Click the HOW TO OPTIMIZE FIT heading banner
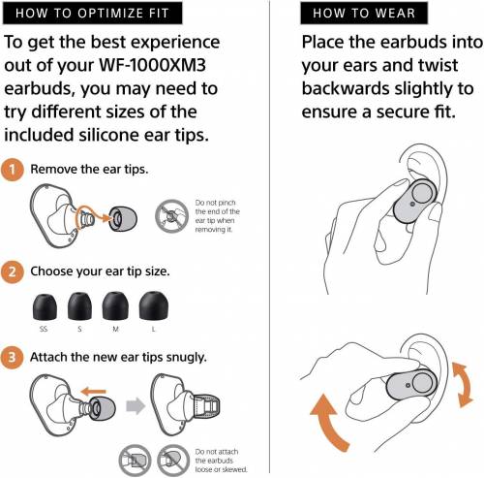point(93,14)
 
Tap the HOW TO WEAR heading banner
point(364,14)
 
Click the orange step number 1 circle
point(13,170)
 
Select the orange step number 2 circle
point(13,271)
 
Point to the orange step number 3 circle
point(13,358)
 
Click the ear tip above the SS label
point(45,306)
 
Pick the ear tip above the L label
point(153,305)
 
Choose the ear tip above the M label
point(115,305)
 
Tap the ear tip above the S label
point(79,306)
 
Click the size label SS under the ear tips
point(44,329)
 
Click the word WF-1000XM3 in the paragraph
point(152,65)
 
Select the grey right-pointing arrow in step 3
point(136,406)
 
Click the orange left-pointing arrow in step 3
point(93,392)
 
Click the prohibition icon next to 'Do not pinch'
point(171,215)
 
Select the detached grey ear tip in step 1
point(123,219)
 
